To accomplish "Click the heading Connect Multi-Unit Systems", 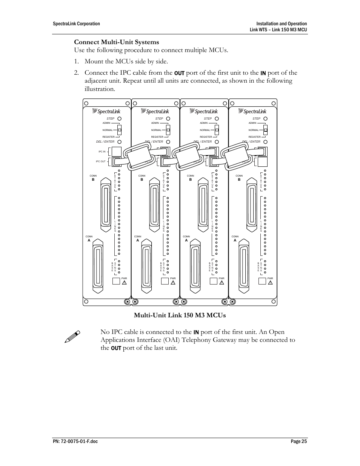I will pos(116,42).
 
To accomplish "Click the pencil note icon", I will pos(72,337).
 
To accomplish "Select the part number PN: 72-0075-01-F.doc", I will pos(75,441).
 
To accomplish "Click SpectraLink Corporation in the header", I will pos(76,24).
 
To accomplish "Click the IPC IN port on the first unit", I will pos(116,152).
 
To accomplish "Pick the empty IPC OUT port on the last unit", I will pos(262,161).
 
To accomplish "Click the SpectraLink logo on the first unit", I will pos(107,111).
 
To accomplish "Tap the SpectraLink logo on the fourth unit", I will pos(253,111).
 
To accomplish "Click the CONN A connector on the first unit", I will pos(98,266).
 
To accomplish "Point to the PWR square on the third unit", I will pos(214,281).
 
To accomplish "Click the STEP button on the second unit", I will pos(168,118).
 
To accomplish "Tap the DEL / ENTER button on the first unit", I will pos(120,142).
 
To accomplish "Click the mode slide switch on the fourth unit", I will pos(266,130).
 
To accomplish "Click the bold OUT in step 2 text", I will pos(179,73).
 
